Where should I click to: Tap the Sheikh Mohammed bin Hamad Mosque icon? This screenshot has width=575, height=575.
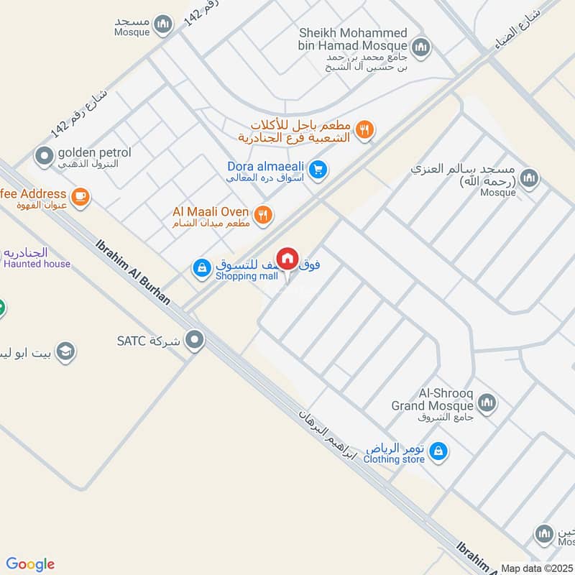coord(420,47)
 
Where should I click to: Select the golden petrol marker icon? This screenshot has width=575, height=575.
coord(45,155)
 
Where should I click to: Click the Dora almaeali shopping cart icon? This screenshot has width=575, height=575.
coord(320,170)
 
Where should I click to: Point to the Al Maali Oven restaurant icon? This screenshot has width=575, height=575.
coord(264,213)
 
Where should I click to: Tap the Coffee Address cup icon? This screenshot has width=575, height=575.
coord(80,195)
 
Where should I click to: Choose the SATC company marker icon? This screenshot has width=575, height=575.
coord(194,340)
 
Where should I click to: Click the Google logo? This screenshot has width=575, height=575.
coord(30,564)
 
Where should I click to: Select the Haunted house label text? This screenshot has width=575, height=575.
coord(37,264)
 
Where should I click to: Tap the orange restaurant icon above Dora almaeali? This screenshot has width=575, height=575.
coord(366,130)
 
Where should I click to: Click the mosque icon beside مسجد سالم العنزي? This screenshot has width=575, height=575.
coord(529,178)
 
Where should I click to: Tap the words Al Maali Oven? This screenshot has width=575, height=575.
coord(211,212)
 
